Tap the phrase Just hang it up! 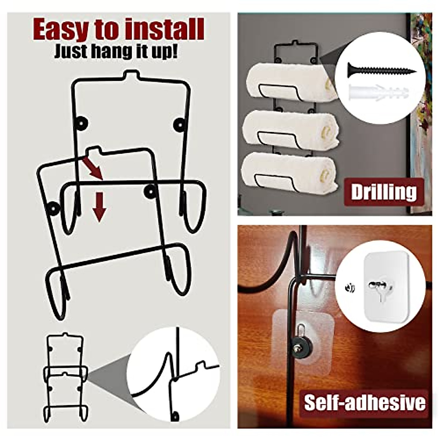(116, 51)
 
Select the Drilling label (383, 192)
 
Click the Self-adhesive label (364, 402)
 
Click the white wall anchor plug (379, 91)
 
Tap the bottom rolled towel (290, 172)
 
